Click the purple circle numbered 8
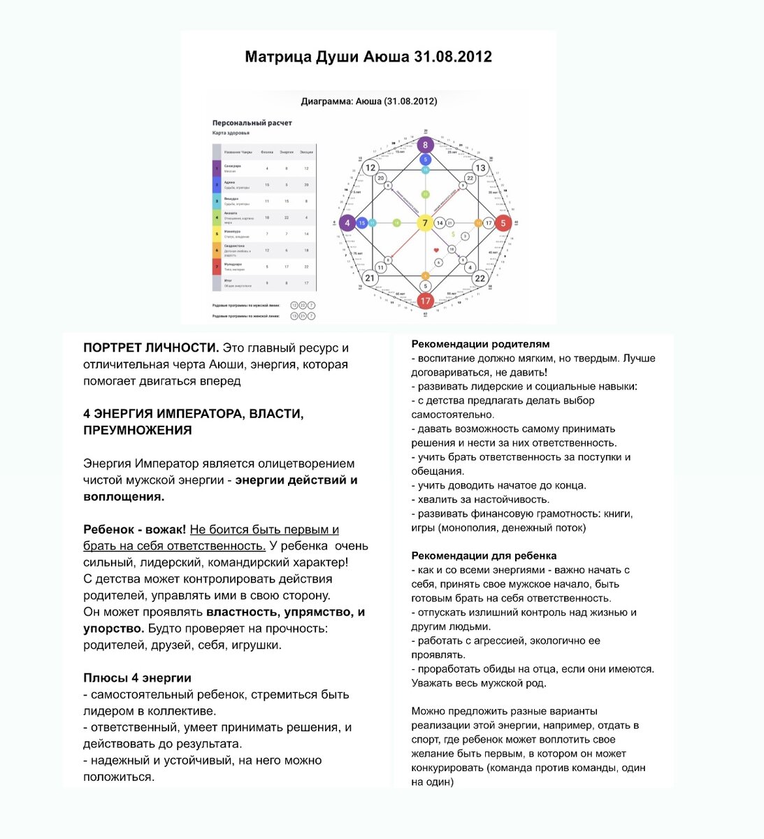coord(425,146)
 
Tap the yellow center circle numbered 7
coord(424,224)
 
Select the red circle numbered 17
coord(425,301)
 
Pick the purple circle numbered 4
coord(347,224)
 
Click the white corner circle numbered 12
coord(370,168)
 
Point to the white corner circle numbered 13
coord(480,168)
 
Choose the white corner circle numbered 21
coord(369,278)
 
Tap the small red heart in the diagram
coord(436,250)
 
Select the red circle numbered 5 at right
coord(503,224)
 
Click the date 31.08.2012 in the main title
coord(453,57)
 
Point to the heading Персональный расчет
coord(252,123)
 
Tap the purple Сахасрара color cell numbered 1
coord(217,168)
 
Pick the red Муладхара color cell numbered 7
coord(217,266)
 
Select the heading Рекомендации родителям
coord(480,344)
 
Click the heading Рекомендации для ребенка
coord(484,556)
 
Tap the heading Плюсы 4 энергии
coord(137,678)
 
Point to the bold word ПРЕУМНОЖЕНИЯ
coord(137,431)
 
